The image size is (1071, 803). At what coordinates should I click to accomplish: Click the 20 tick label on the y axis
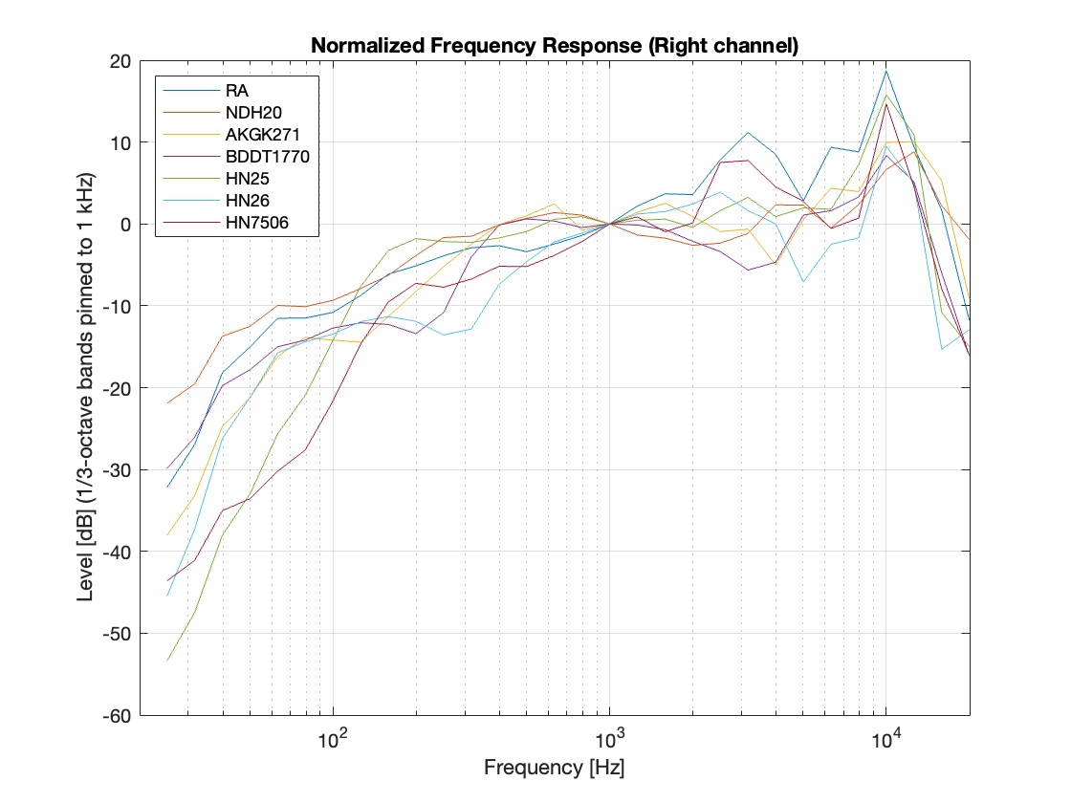coord(123,60)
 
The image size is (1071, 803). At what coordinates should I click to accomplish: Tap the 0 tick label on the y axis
coord(128,224)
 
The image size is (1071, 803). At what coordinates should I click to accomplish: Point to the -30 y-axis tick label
coord(120,469)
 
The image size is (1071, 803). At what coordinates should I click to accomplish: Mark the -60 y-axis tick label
coord(120,715)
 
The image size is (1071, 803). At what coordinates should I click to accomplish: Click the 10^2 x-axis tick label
coord(332,739)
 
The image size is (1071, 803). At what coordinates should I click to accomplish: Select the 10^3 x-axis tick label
coord(609,739)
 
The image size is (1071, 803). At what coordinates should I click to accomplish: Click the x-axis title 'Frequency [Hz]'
coord(555,768)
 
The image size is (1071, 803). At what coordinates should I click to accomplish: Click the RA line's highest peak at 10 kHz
coord(886,72)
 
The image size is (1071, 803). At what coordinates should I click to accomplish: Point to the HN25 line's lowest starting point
coord(168,661)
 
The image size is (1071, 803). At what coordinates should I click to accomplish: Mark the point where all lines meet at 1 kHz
coord(609,224)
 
